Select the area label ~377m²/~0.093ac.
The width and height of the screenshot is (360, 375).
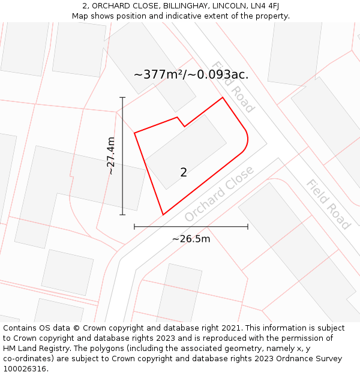click(x=191, y=75)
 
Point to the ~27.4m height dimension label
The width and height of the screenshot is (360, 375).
click(x=110, y=156)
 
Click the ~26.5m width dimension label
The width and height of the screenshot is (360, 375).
click(x=191, y=239)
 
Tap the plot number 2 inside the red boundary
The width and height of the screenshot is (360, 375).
click(x=184, y=172)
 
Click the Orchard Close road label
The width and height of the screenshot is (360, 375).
click(x=219, y=193)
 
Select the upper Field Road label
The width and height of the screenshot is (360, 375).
click(x=233, y=87)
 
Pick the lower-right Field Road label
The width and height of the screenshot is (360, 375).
click(x=328, y=205)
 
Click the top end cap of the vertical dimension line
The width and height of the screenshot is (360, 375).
click(x=122, y=97)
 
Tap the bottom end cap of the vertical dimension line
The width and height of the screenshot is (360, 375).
click(x=122, y=214)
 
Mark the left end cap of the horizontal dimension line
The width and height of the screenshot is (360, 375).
click(x=134, y=227)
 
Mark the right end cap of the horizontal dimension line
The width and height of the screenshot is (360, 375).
click(x=248, y=227)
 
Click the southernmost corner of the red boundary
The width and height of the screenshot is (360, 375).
click(x=163, y=214)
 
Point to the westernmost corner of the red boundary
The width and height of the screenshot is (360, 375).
click(x=134, y=133)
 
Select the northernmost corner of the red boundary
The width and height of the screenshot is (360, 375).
click(x=223, y=97)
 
